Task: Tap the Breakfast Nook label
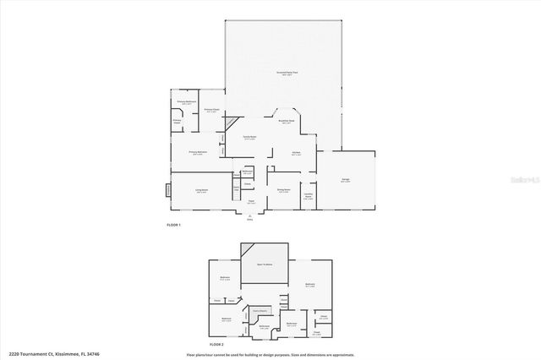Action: pos(287,122)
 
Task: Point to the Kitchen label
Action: pos(297,153)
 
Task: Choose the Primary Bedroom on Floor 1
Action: pos(199,153)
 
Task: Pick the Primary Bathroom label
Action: pos(187,102)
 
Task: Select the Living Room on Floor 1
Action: pos(202,191)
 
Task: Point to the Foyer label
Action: pos(250,202)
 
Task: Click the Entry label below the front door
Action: pos(250,220)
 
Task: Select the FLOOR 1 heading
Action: pos(174,225)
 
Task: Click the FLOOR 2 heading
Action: pos(216,345)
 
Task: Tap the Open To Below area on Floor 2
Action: pos(265,265)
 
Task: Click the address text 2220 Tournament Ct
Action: pos(42,354)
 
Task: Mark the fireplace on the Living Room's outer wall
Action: pos(168,190)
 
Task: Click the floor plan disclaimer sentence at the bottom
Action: pos(270,354)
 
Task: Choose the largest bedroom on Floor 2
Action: pos(310,285)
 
